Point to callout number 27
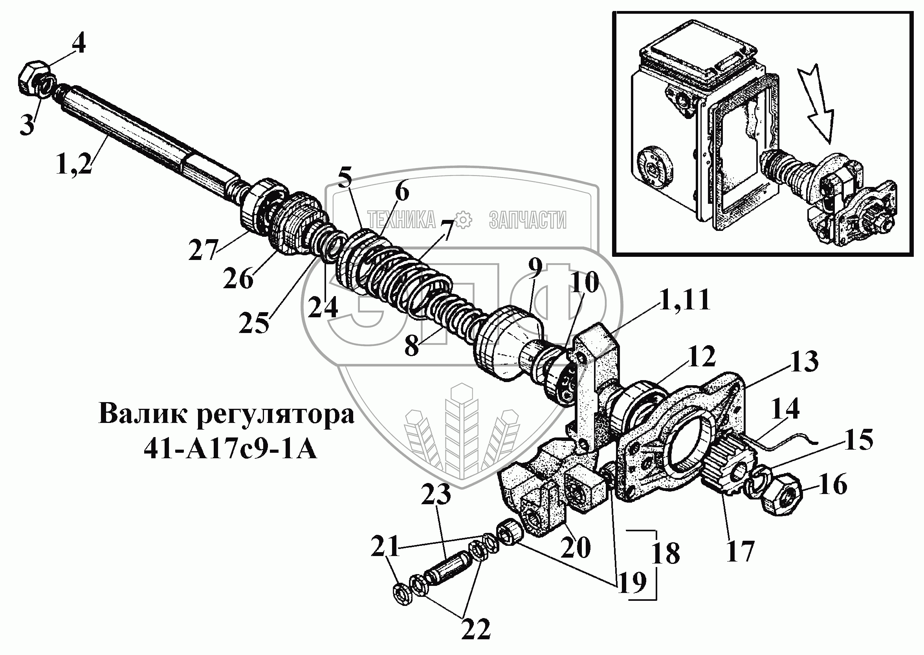click(x=203, y=249)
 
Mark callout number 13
click(x=804, y=361)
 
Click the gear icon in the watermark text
click(x=462, y=220)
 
